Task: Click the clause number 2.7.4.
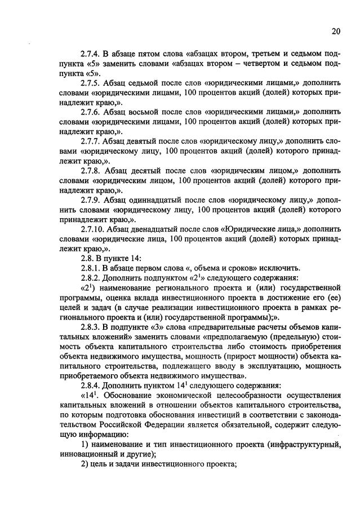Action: click(92, 54)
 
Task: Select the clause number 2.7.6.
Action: click(92, 112)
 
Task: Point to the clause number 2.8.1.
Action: click(92, 267)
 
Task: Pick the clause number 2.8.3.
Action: click(92, 326)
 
